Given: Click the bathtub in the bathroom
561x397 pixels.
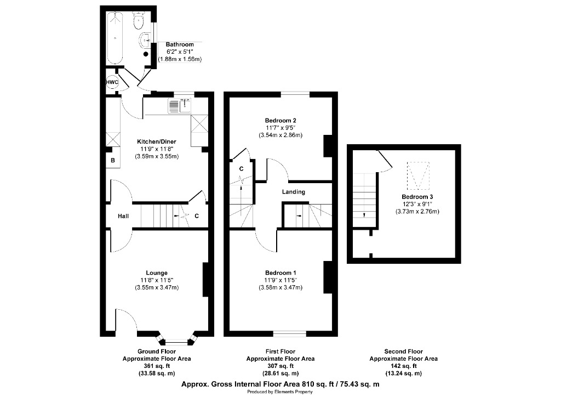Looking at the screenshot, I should (116, 37).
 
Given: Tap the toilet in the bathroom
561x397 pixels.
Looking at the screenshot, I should (139, 21).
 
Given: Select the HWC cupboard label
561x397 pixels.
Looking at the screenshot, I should (112, 82).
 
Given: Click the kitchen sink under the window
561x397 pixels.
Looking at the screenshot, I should (179, 105).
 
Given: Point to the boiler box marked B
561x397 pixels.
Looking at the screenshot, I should (113, 161).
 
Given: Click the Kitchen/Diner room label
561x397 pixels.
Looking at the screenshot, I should (157, 141).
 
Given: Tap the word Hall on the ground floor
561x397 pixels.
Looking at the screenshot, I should (123, 217).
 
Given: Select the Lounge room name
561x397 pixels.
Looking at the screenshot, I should (157, 273).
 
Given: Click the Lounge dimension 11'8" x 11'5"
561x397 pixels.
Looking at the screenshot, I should (157, 280).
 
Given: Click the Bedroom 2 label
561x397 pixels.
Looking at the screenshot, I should (280, 120).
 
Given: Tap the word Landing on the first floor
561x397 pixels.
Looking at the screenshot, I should (294, 192).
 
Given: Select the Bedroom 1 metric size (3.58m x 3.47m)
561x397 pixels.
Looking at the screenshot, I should (280, 287).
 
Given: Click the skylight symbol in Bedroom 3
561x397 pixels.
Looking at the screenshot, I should (417, 174).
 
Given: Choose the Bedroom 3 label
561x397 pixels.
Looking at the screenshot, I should (417, 197).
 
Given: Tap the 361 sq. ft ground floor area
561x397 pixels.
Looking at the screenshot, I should (157, 366).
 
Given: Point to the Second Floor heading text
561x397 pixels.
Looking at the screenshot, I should (403, 351).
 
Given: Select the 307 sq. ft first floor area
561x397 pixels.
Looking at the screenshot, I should (280, 366).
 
